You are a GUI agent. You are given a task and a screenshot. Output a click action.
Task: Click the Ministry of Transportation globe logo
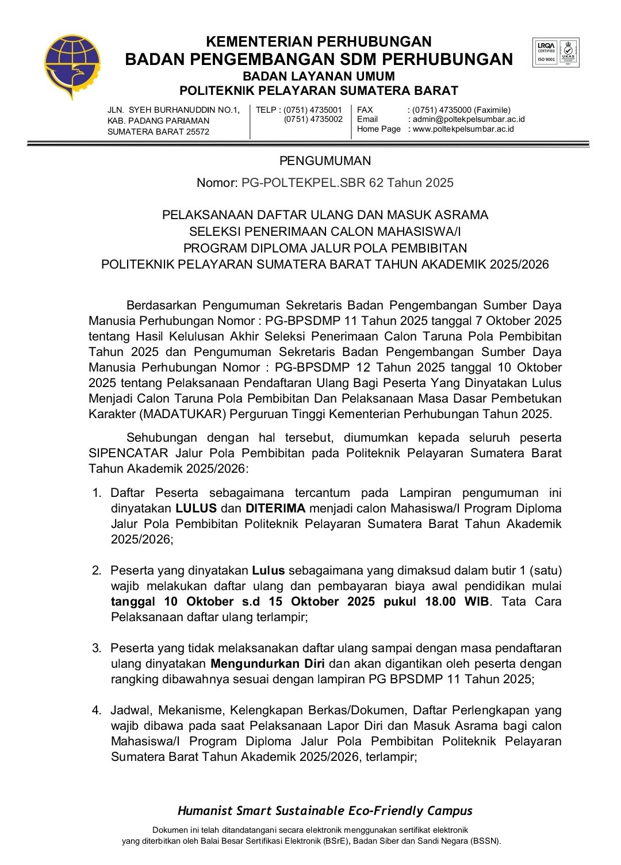tap(72, 65)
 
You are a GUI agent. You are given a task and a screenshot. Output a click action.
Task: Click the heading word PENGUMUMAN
tap(325, 161)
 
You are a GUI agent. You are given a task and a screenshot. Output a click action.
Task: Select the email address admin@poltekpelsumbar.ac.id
tap(469, 119)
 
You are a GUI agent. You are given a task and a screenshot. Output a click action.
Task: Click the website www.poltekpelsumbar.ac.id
tap(463, 129)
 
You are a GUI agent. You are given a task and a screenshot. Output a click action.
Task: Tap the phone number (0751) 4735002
tap(313, 119)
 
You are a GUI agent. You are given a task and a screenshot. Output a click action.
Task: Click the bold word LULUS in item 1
tap(196, 508)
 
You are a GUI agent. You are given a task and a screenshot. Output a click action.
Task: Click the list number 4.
tap(97, 710)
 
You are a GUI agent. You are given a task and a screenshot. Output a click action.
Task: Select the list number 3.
tap(97, 648)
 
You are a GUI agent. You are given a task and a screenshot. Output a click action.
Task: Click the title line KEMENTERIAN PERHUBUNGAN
tap(319, 41)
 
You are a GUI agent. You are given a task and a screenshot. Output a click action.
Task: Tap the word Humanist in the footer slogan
tap(203, 811)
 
